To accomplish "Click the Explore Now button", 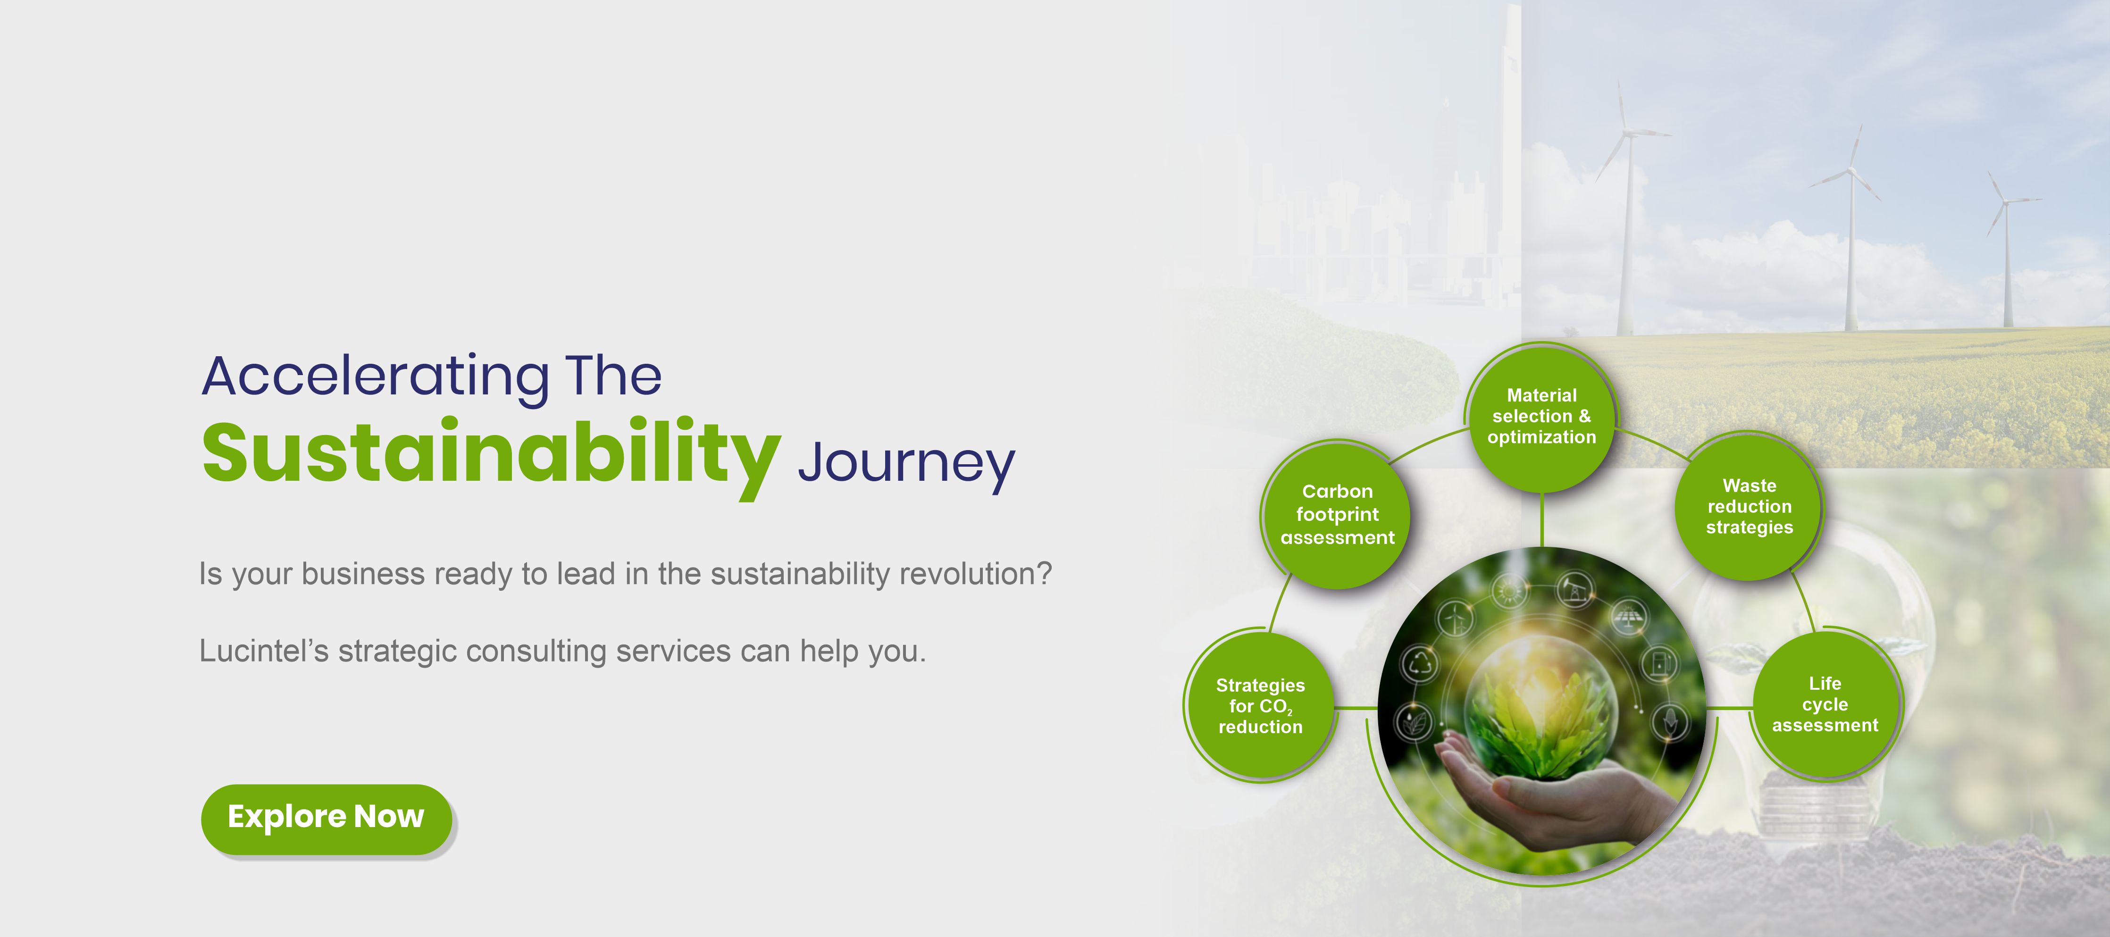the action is coord(326,818).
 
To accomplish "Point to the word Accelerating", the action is coord(376,377).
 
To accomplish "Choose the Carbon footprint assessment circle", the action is coord(1337,514).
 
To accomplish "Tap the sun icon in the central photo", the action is coord(1509,591).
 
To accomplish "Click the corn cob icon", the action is coord(1670,722).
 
